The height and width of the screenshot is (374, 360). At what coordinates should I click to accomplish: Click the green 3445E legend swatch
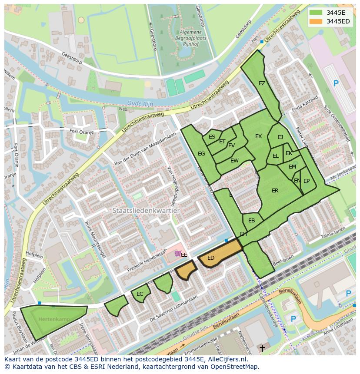coord(317,13)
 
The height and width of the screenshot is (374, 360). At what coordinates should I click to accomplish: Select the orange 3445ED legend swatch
coord(317,21)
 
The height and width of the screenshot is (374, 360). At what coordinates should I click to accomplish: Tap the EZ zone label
coord(262,83)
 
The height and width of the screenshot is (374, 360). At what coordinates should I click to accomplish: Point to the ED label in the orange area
coord(211,258)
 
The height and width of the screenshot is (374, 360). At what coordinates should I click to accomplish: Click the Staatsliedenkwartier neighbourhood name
coord(146,210)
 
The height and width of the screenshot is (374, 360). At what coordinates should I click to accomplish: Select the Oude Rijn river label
coord(137,103)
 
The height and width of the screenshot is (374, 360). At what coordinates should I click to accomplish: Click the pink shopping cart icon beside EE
coord(177,254)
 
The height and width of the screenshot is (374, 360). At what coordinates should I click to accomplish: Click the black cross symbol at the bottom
coord(262,348)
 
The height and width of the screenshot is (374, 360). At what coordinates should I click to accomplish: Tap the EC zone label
coord(140,294)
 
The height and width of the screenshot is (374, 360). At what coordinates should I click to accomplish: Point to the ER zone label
coord(275,191)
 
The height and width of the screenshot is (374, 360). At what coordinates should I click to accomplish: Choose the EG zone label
coord(201,154)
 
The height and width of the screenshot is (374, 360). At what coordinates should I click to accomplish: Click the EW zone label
coord(234,161)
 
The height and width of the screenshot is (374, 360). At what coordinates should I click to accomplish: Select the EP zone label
coord(307,181)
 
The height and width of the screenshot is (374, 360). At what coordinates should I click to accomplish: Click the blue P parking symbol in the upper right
coord(336,83)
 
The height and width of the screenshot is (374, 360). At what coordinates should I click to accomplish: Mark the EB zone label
coord(251,221)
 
